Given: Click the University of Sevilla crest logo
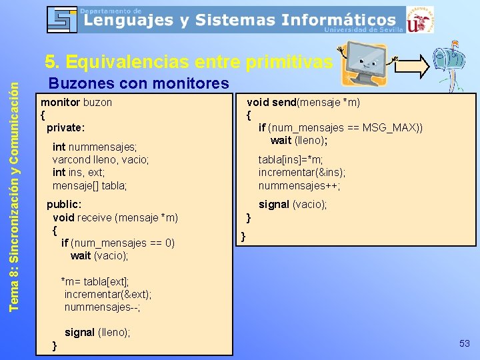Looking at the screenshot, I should pyautogui.click(x=419, y=19).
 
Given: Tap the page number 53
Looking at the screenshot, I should pyautogui.click(x=465, y=343).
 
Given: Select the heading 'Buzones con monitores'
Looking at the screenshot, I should pyautogui.click(x=139, y=83).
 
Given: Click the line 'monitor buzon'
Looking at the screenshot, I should pyautogui.click(x=76, y=103).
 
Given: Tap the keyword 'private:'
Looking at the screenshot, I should pyautogui.click(x=65, y=127).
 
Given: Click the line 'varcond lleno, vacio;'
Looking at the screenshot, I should pyautogui.click(x=100, y=160).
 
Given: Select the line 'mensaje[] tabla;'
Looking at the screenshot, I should pyautogui.click(x=89, y=185).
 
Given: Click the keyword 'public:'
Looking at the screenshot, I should pyautogui.click(x=64, y=205).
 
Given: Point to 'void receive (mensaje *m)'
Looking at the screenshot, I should pyautogui.click(x=115, y=217).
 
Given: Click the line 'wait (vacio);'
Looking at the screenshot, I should pyautogui.click(x=99, y=255).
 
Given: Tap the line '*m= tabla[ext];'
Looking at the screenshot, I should pyautogui.click(x=95, y=281).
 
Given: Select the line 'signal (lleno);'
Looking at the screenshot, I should pyautogui.click(x=97, y=332).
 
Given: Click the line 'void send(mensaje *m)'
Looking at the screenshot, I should pyautogui.click(x=303, y=102).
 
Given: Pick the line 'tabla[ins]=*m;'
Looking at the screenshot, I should pyautogui.click(x=291, y=160).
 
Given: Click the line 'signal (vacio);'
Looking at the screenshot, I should pyautogui.click(x=293, y=205).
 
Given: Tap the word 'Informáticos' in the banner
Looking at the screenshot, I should pyautogui.click(x=338, y=20).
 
